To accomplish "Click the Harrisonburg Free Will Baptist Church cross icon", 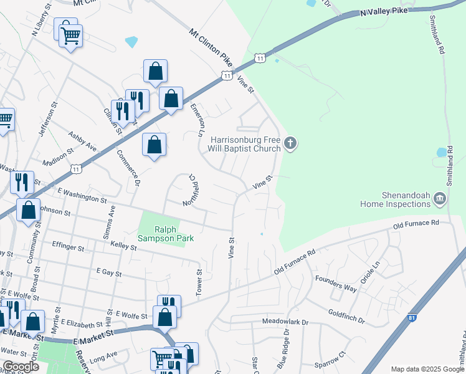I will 290,144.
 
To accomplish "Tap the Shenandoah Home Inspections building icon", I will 440,198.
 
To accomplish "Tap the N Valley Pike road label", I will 386,11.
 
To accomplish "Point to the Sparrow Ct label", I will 330,358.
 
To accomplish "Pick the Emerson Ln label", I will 196,120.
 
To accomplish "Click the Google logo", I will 21,367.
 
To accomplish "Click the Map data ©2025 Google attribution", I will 427,369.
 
